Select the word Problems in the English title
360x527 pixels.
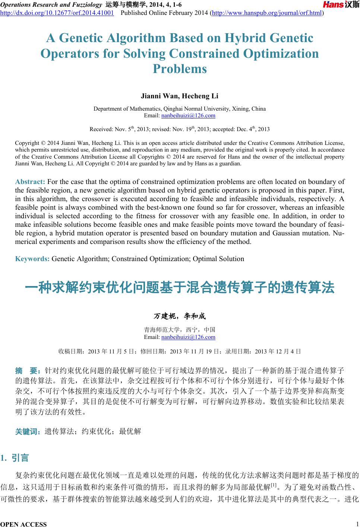(180, 69)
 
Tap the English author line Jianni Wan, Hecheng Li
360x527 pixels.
(180, 96)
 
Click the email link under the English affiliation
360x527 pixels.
(188, 115)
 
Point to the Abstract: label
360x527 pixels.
(30, 182)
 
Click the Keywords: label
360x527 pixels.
(32, 259)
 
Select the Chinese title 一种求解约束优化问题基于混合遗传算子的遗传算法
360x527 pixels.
(180, 288)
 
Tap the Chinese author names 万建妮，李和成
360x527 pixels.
(180, 317)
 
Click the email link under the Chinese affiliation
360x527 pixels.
(188, 337)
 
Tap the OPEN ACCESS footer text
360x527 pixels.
(24, 524)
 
